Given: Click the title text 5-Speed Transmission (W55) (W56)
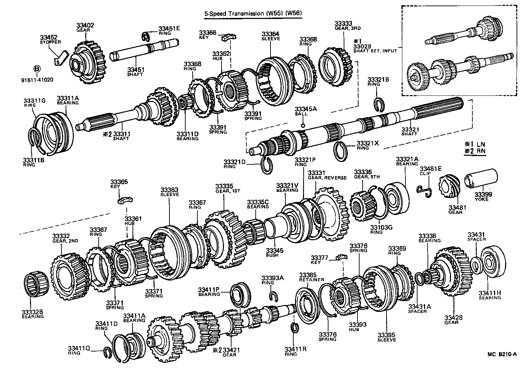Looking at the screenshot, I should coord(253,14).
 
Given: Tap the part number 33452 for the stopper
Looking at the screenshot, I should coord(48,38).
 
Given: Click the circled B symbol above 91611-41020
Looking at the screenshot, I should coord(37,69).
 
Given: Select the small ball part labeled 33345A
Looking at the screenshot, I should coord(303,125).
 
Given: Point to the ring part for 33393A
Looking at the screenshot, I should coord(274,296).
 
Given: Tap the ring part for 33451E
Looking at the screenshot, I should coord(148,36).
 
